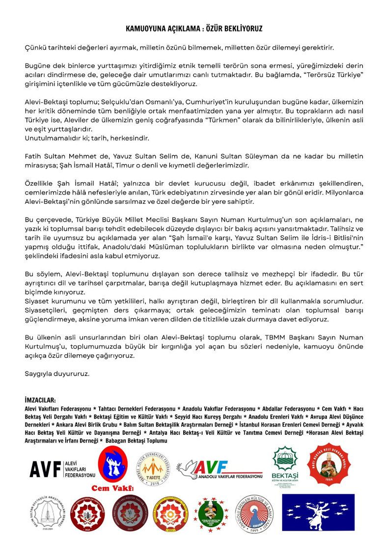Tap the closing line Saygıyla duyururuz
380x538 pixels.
pos(57,373)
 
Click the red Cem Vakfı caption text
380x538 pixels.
pos(112,488)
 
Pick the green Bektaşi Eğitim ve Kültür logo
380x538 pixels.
pos(285,467)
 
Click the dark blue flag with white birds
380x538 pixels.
pos(318,512)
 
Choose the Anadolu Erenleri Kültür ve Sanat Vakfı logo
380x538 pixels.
pos(256,514)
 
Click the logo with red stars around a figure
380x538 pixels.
pos(212,515)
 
